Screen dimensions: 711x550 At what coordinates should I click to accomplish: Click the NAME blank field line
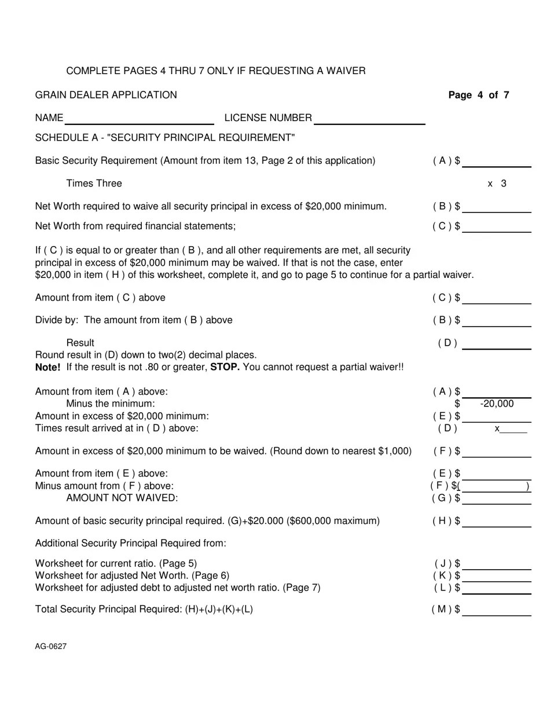(140, 119)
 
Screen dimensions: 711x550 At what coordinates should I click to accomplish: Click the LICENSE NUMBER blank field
(369, 119)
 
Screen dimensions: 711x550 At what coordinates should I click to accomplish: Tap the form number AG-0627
(51, 646)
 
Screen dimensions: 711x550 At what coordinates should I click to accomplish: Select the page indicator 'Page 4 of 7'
(479, 95)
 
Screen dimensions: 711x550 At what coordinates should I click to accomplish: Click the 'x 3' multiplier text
(497, 184)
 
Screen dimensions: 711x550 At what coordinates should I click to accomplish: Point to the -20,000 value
(497, 404)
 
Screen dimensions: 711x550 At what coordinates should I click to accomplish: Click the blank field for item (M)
(497, 610)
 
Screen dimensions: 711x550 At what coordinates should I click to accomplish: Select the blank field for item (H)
(497, 521)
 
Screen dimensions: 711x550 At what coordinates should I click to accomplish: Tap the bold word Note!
(48, 367)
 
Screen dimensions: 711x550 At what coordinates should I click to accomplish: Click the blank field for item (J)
(497, 565)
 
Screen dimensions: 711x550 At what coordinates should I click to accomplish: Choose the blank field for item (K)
(497, 576)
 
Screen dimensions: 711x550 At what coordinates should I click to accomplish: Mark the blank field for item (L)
(497, 588)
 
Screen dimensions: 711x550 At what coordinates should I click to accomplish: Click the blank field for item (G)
(497, 499)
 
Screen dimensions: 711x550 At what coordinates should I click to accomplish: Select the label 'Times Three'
(94, 184)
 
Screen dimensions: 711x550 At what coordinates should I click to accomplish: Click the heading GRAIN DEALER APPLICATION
(106, 95)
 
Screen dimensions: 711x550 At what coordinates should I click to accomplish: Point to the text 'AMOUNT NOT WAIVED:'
(122, 498)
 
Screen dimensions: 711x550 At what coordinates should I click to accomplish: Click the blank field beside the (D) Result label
(497, 344)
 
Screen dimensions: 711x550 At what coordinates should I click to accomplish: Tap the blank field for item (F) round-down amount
(497, 452)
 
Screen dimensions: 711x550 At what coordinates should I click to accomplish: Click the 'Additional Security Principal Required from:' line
(131, 543)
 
